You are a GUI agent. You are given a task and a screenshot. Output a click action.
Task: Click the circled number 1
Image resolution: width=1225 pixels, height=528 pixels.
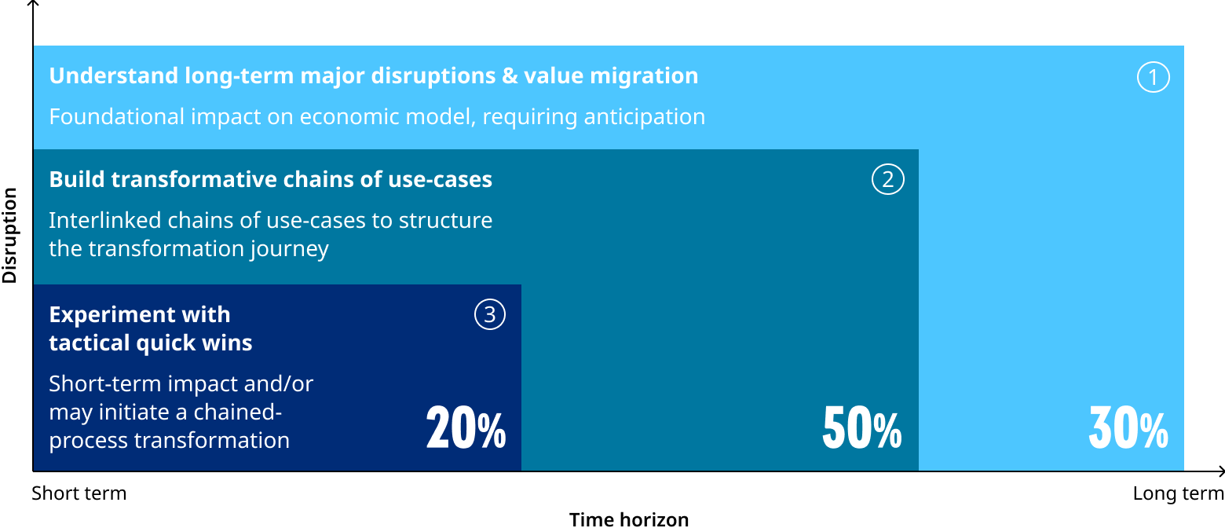click(1154, 77)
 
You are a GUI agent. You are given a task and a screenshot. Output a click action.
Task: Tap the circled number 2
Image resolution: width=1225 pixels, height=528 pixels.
click(888, 180)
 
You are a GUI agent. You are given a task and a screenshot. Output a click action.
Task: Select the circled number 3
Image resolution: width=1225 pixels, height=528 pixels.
click(490, 315)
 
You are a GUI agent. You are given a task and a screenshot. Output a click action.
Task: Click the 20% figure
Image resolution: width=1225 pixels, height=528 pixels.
click(466, 429)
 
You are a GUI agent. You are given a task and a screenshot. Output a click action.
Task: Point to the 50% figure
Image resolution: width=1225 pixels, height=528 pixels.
click(861, 429)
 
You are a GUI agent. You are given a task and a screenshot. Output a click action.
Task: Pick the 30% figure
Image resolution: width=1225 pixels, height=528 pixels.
click(1128, 429)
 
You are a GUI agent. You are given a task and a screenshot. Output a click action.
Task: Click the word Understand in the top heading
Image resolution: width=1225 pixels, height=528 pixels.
click(113, 76)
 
